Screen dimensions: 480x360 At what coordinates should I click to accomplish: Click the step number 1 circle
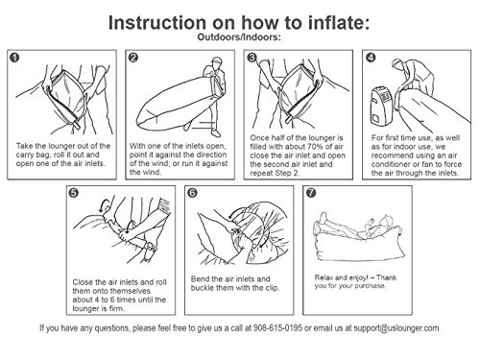(x=14, y=58)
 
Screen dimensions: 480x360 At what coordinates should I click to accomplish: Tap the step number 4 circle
(x=371, y=58)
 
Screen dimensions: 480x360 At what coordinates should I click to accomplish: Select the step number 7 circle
(x=311, y=193)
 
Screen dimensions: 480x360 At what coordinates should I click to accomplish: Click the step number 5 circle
(x=74, y=193)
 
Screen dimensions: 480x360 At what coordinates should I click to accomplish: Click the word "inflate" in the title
(x=336, y=23)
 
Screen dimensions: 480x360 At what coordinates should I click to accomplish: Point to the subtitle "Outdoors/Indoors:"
(x=239, y=37)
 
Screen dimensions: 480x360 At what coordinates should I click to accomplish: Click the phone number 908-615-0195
(x=277, y=328)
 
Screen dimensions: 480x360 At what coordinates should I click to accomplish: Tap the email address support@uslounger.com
(x=396, y=328)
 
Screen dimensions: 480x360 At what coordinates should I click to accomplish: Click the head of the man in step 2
(x=217, y=62)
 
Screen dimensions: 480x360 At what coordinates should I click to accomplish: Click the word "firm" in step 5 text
(x=116, y=308)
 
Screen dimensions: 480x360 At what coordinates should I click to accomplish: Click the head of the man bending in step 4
(x=397, y=63)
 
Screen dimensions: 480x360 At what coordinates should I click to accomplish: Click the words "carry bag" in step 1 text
(x=32, y=155)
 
